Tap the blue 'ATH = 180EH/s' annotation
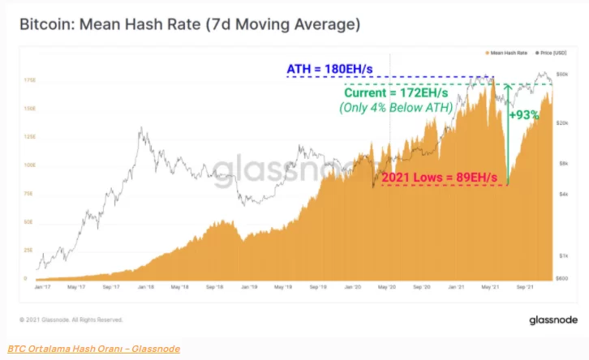[332, 69]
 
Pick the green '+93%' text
[523, 115]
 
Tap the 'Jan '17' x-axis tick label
[44, 286]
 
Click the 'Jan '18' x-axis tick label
[147, 286]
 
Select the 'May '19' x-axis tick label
[284, 286]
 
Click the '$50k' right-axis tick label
[561, 75]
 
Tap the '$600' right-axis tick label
[561, 279]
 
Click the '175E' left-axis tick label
[29, 80]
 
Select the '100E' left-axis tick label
[29, 165]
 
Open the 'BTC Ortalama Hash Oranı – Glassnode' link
[94, 349]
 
